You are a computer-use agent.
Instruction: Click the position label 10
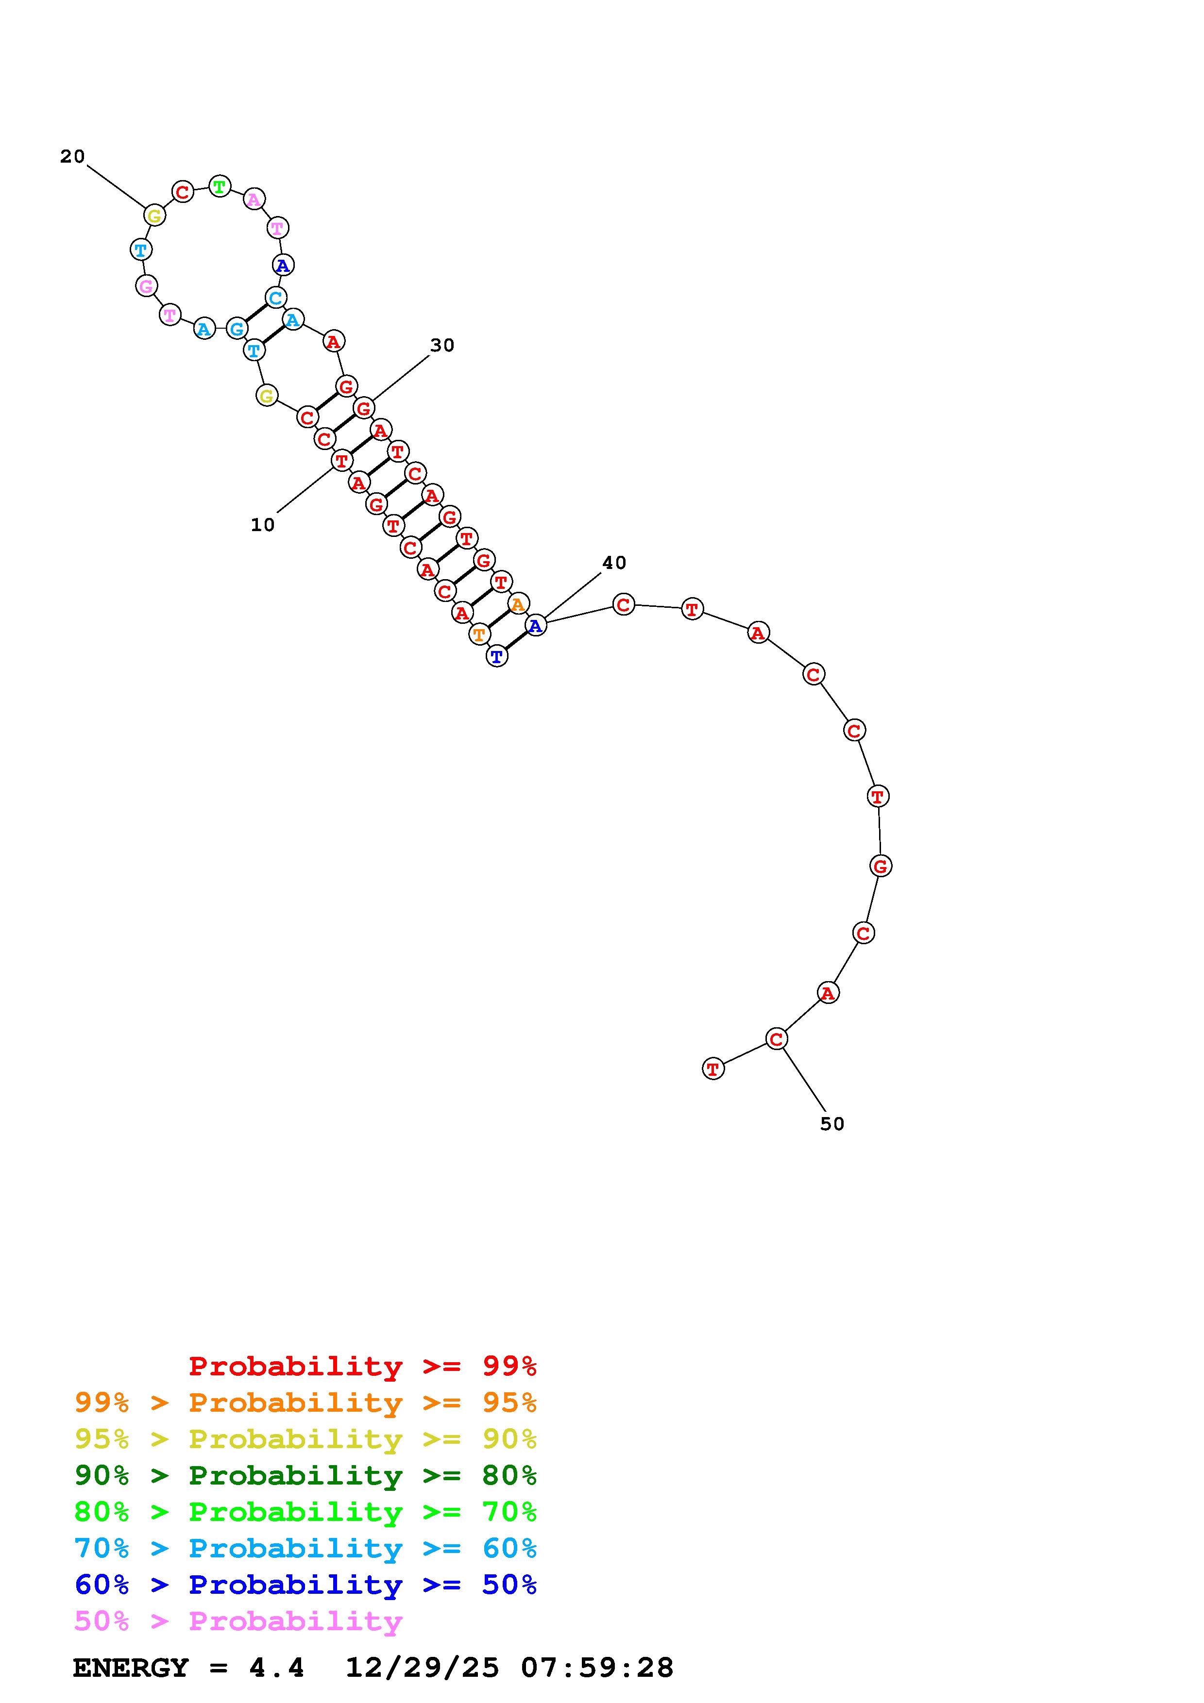coord(263,525)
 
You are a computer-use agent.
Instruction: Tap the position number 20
coord(73,156)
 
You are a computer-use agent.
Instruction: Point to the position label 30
coord(442,345)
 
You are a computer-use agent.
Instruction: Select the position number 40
coord(614,563)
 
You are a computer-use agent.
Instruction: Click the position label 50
coord(832,1124)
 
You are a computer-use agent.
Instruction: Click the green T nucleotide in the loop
coord(220,186)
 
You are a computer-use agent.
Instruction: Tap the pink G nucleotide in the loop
coord(147,285)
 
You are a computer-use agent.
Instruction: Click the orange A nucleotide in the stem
coord(518,604)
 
